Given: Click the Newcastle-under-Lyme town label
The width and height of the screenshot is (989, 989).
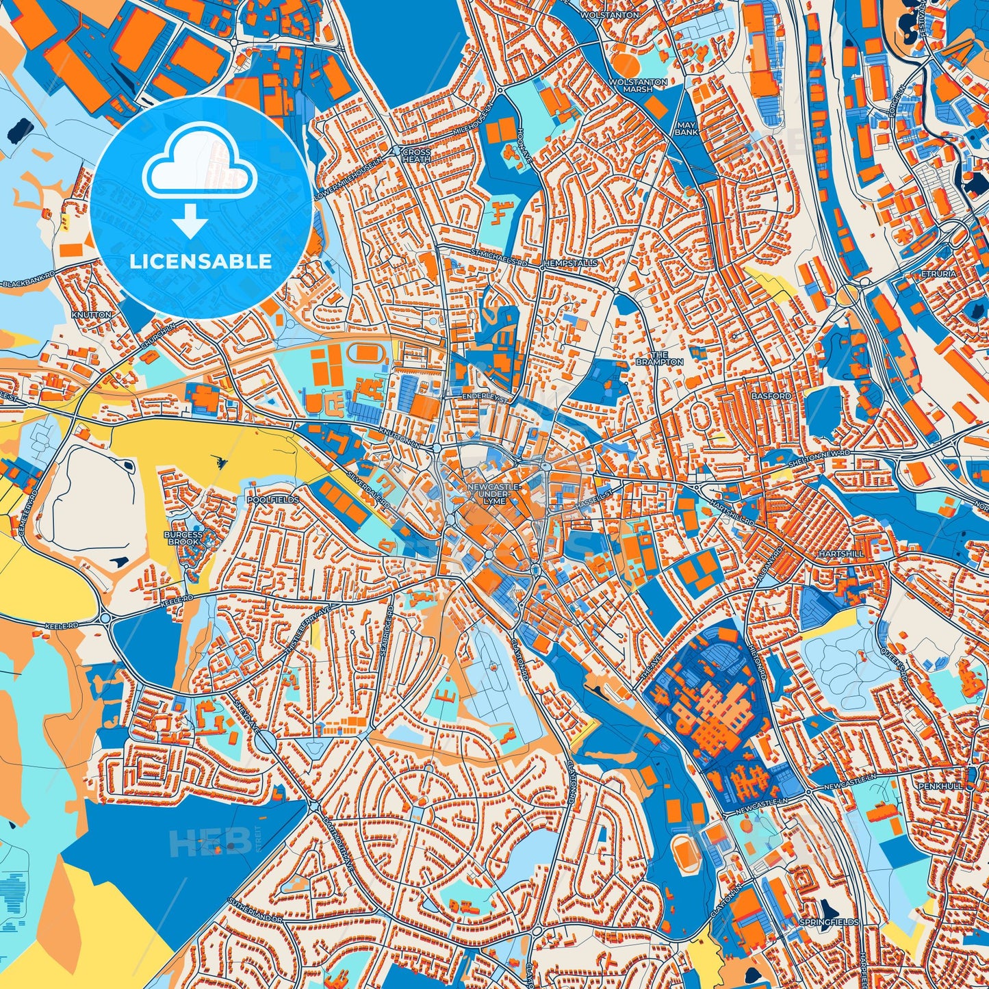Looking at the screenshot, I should [494, 493].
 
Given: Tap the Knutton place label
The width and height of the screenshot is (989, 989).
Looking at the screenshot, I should [91, 315].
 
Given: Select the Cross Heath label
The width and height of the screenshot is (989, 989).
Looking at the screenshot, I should [416, 155].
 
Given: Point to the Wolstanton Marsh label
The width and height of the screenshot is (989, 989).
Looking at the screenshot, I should [638, 86].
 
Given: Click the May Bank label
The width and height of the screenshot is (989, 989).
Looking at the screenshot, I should [686, 129].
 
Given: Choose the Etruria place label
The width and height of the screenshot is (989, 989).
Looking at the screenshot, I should [939, 274].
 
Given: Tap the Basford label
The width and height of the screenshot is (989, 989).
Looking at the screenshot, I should [771, 396].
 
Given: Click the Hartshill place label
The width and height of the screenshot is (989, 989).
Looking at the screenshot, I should [840, 553].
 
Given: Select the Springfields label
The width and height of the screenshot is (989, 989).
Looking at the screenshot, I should [829, 922].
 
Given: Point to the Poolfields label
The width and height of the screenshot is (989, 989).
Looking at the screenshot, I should [273, 500].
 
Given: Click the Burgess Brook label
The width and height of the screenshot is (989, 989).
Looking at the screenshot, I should [183, 538].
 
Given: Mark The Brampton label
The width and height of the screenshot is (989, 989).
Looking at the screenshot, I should [659, 358].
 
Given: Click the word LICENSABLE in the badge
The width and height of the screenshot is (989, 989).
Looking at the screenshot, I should [201, 261].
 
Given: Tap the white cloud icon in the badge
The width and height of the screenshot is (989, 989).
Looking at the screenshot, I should [199, 161].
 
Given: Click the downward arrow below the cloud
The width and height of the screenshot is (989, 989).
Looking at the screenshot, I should [190, 221].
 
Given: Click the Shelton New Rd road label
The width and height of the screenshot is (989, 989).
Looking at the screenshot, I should [819, 455].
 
